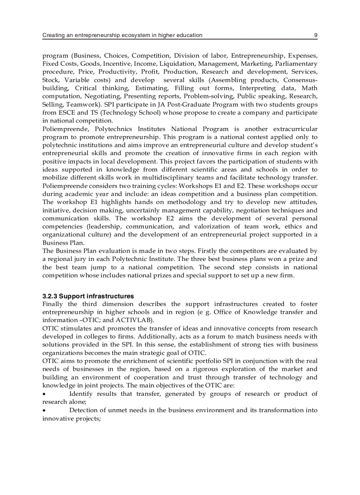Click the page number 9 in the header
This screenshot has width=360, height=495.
coord(315,35)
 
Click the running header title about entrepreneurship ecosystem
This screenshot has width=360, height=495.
coord(122,35)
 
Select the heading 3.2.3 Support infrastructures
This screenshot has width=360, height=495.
coord(88,296)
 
